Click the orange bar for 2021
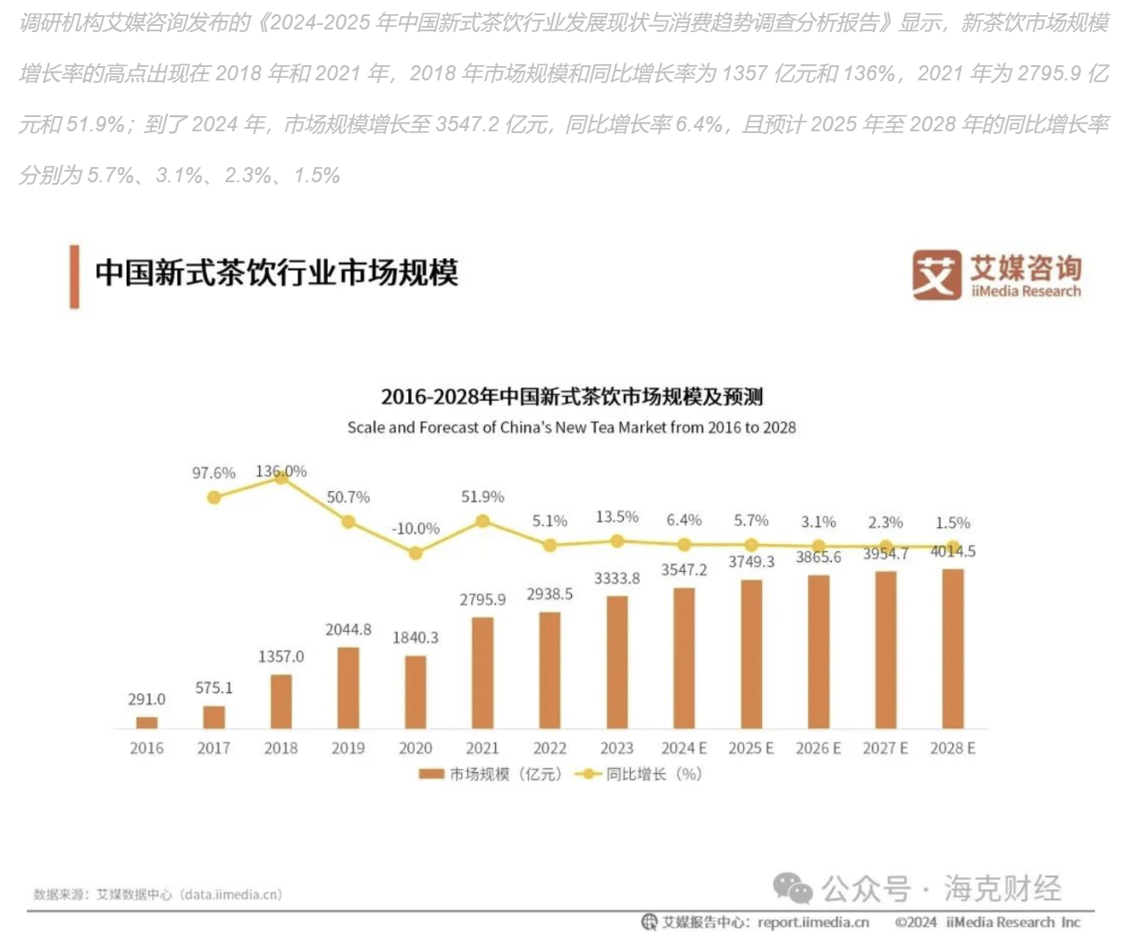[482, 672]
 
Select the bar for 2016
[147, 722]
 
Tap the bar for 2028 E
[952, 649]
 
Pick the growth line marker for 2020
[415, 554]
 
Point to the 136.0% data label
[281, 471]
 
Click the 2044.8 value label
[348, 630]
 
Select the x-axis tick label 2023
[617, 749]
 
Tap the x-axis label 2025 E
[751, 749]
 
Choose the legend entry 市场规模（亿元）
[491, 775]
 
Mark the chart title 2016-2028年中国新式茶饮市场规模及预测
[572, 397]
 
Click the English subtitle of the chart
[572, 428]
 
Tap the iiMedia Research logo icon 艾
[936, 275]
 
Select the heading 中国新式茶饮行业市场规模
[276, 273]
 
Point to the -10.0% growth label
[415, 529]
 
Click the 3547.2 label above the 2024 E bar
[684, 570]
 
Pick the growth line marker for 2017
[214, 498]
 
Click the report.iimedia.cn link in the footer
[813, 923]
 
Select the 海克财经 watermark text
[1002, 888]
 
